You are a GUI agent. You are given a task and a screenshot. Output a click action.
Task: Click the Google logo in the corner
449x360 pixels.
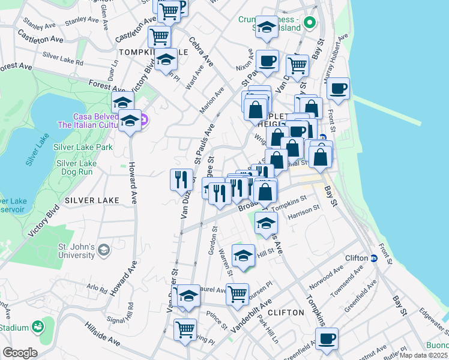click(x=20, y=353)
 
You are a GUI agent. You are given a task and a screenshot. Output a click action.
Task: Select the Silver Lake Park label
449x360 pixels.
click(x=83, y=147)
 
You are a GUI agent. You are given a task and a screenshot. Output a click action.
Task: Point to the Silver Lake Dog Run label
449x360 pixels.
click(x=76, y=167)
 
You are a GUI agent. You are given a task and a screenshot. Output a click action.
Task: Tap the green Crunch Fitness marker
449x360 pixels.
click(x=310, y=24)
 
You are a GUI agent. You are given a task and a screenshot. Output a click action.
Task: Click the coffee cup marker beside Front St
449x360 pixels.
click(x=339, y=88)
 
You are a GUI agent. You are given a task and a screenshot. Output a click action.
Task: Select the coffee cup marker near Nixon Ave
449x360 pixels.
click(x=267, y=60)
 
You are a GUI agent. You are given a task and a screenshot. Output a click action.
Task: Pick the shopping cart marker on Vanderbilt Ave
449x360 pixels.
click(x=238, y=293)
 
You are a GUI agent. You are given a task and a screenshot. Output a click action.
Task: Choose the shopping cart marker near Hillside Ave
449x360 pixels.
click(x=185, y=329)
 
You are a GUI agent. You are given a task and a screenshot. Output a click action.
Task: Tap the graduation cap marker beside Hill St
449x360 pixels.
click(x=243, y=254)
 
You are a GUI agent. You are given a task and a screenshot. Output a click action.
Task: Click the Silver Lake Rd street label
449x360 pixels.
click(x=62, y=58)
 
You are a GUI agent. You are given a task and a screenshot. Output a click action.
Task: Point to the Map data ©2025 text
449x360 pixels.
click(x=424, y=355)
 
